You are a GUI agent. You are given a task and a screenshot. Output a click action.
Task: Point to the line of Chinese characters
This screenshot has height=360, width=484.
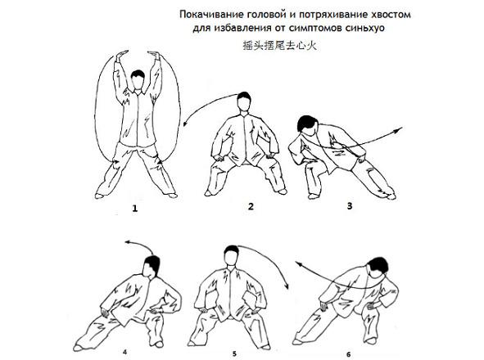(279, 46)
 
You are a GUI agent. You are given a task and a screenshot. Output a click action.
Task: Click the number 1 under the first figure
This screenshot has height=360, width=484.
(134, 209)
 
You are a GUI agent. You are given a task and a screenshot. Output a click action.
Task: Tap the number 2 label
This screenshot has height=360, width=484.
(251, 206)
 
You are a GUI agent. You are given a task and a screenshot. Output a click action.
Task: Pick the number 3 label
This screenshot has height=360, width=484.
(350, 205)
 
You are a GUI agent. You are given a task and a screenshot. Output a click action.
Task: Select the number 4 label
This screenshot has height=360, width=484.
(124, 352)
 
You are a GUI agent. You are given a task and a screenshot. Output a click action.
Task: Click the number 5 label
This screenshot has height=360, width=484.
(234, 353)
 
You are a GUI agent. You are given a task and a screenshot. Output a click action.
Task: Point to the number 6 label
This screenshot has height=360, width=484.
(349, 354)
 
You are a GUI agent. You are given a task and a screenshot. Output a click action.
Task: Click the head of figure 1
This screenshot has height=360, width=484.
(138, 79)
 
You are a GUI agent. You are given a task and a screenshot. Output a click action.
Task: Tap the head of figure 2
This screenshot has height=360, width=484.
(244, 101)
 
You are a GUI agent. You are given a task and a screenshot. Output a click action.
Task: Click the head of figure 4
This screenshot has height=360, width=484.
(152, 267)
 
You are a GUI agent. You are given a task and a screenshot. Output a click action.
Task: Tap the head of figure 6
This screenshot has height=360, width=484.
(378, 268)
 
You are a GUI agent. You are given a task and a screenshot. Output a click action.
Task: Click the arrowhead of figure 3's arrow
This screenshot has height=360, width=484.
(399, 130)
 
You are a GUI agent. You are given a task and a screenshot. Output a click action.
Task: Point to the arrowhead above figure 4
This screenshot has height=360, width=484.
(128, 242)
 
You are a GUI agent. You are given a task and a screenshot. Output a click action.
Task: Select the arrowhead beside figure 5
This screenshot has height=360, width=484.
(287, 286)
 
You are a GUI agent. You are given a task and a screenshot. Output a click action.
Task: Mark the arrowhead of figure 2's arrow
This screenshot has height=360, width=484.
(185, 124)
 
